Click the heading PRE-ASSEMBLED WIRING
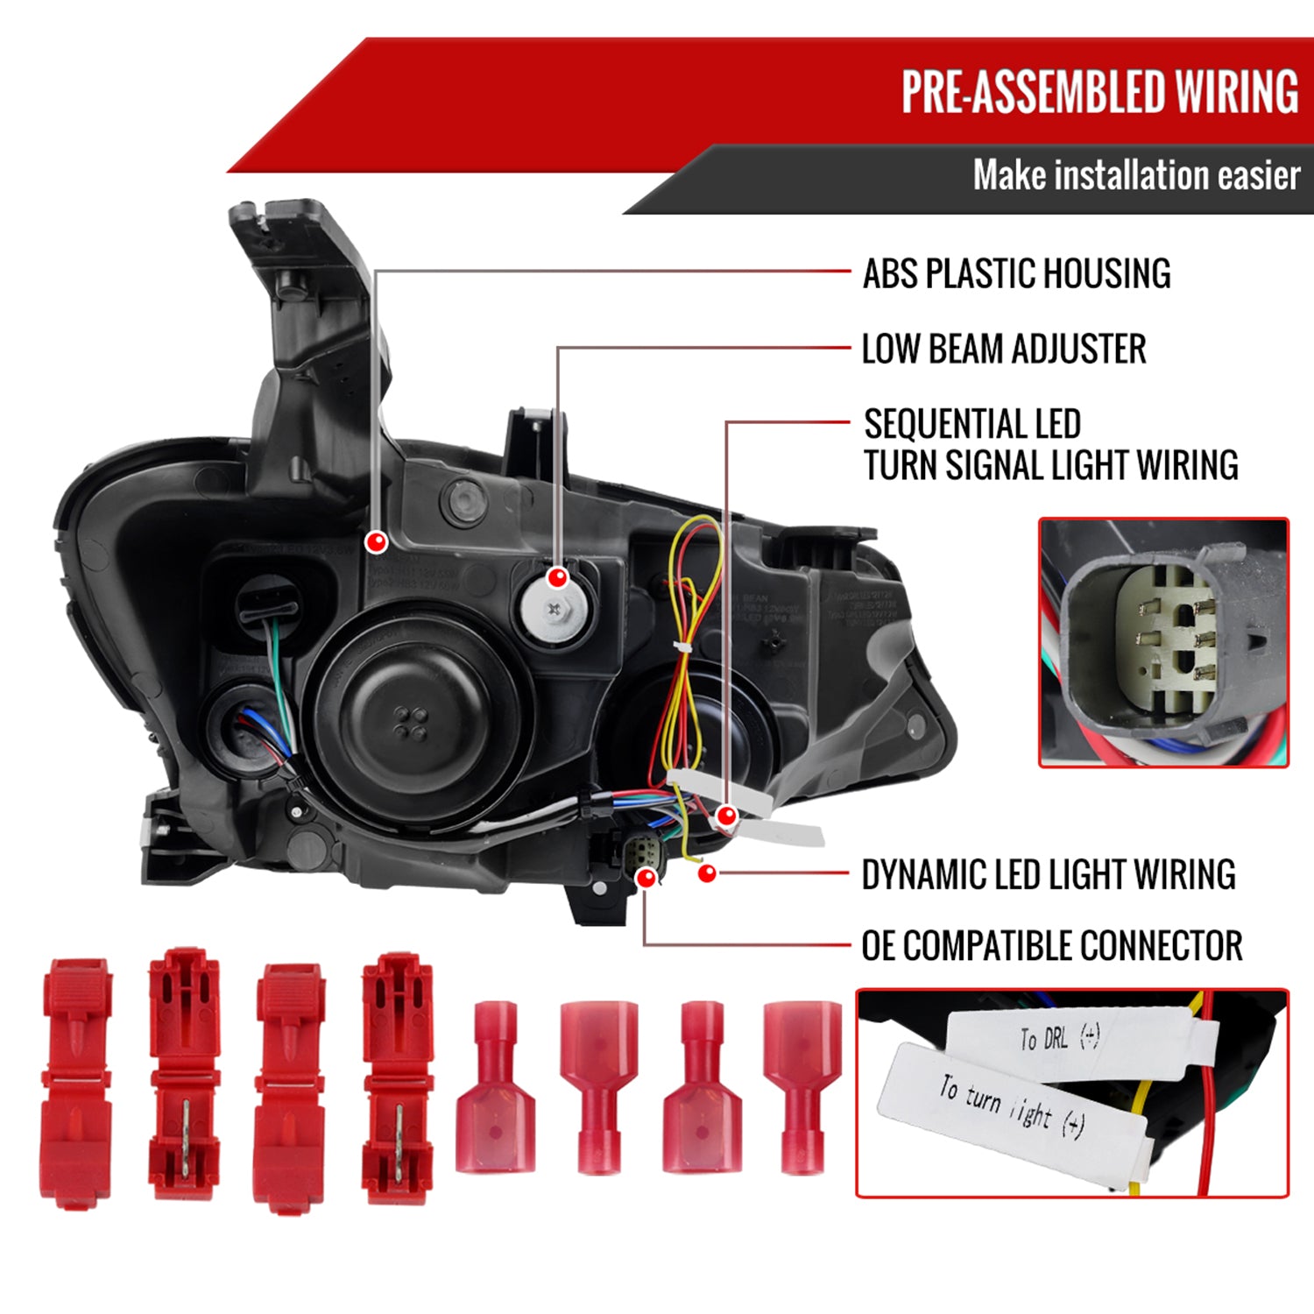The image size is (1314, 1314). click(1099, 92)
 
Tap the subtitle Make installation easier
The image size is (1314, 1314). click(1135, 176)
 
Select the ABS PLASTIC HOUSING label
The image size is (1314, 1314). click(1016, 274)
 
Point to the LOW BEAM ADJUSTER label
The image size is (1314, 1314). click(1004, 350)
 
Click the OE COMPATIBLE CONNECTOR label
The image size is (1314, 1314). click(1051, 946)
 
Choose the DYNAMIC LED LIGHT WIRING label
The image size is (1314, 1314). click(1048, 874)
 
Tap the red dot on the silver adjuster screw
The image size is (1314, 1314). click(557, 578)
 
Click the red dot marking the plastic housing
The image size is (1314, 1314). click(377, 542)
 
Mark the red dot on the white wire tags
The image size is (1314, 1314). click(726, 816)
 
